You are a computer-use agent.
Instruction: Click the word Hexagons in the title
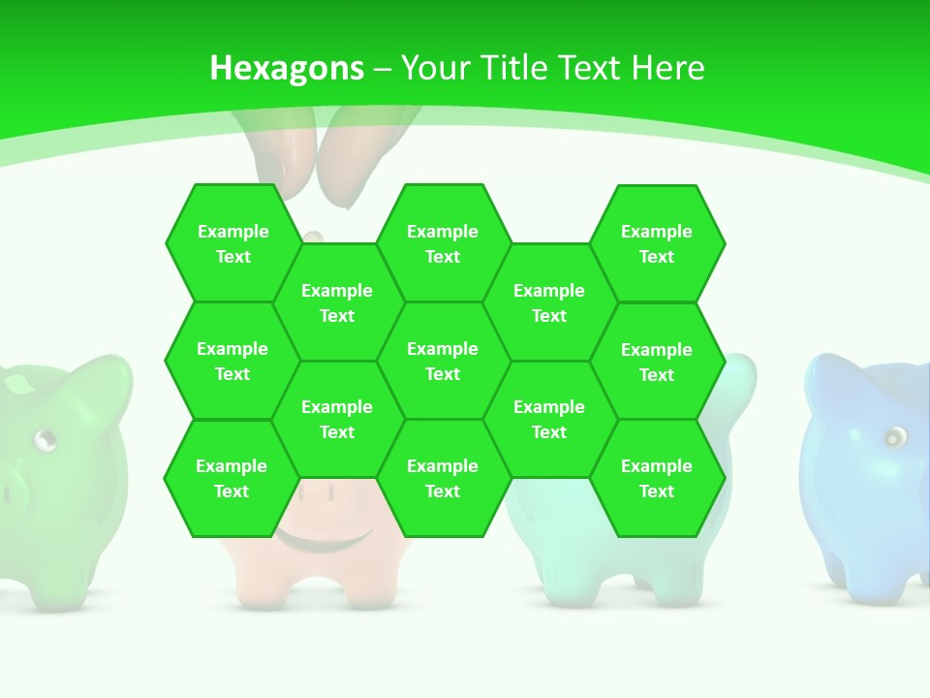click(x=287, y=68)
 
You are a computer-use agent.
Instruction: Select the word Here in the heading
click(x=667, y=68)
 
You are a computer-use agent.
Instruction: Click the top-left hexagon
click(x=232, y=243)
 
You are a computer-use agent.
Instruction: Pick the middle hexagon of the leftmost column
click(x=232, y=361)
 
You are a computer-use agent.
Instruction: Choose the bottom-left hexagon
click(x=232, y=478)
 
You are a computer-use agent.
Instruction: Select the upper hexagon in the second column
click(x=337, y=302)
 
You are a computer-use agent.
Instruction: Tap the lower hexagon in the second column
click(x=337, y=419)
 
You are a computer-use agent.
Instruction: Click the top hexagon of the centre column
click(x=443, y=243)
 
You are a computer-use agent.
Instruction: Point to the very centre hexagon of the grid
click(x=443, y=361)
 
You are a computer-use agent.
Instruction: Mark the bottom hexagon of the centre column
click(x=443, y=478)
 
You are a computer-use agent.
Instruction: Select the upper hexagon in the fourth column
click(x=549, y=302)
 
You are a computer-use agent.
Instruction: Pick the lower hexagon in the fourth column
click(x=549, y=419)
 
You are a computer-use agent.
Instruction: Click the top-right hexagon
click(x=657, y=243)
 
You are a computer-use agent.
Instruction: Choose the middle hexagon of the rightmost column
click(x=657, y=362)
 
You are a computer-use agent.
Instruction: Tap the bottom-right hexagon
click(x=657, y=478)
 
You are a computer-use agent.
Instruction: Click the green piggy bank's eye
click(x=45, y=442)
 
